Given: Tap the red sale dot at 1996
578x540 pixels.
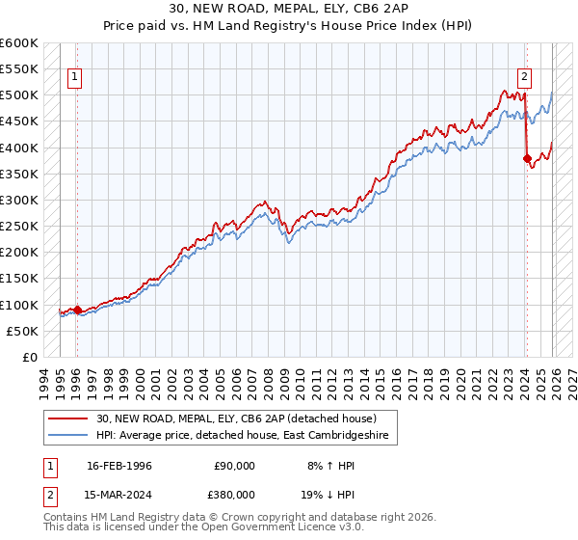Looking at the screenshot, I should tap(77, 310).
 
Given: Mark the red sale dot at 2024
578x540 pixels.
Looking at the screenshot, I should tap(527, 158).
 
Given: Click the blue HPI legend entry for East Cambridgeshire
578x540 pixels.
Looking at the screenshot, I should tap(241, 436).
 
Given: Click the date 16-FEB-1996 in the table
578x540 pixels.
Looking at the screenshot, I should tap(119, 465).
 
